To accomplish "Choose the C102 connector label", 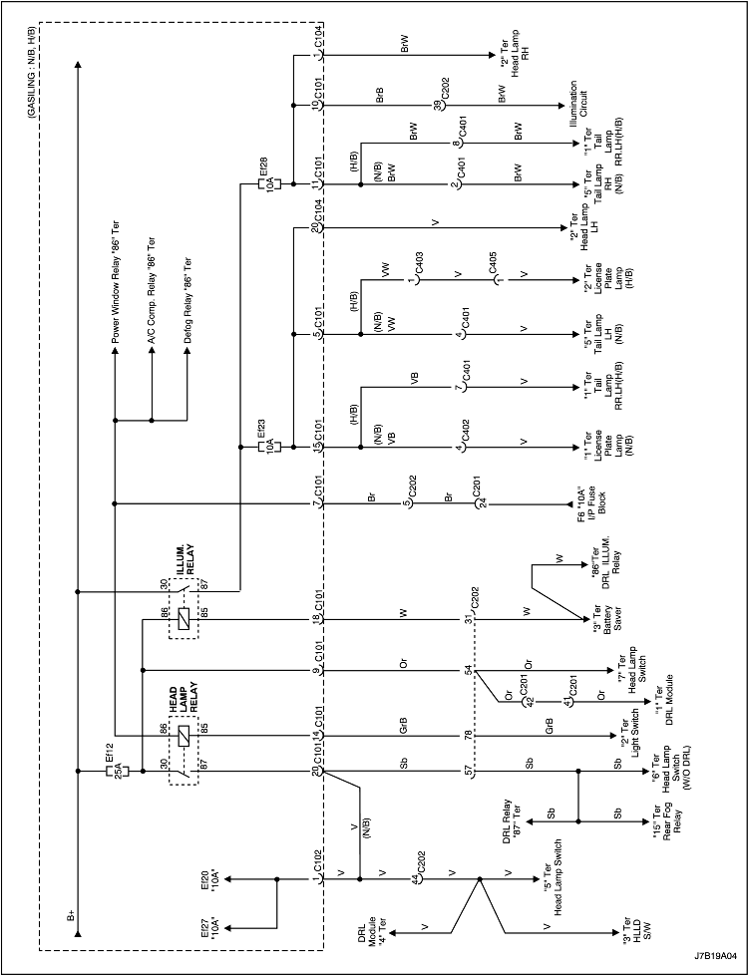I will (x=318, y=859).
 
